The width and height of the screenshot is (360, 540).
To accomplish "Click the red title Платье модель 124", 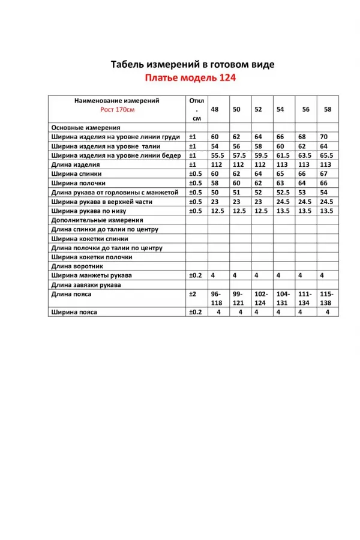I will [190, 77].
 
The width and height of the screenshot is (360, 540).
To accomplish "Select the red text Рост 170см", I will [118, 110].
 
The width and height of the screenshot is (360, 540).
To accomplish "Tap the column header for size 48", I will [214, 109].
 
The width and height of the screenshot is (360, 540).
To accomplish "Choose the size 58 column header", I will [327, 109].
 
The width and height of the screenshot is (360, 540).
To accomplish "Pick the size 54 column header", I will [280, 109].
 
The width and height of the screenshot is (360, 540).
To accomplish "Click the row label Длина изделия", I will [76, 164].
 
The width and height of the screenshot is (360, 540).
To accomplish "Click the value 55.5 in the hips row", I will [217, 155].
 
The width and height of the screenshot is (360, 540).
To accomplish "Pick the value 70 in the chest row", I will [324, 137].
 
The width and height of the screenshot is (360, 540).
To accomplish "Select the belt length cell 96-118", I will [216, 298].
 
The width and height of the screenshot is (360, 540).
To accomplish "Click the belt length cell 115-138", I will [326, 298].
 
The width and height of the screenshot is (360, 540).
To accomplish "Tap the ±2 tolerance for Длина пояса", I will [193, 294].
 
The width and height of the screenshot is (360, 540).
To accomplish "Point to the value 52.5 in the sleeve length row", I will [283, 193].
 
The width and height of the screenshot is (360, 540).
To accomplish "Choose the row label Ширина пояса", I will [74, 312].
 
